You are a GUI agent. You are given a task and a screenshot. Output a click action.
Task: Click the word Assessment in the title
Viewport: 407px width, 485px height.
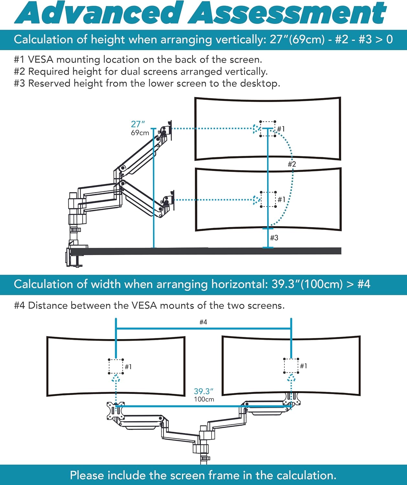coord(287,13)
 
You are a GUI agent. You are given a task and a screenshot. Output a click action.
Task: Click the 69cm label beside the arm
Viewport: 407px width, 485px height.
coord(140,133)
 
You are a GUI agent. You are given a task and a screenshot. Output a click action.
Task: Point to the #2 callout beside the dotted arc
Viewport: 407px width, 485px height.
coord(292,164)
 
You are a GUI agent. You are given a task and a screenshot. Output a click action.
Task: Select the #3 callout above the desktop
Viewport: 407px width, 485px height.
coord(274,238)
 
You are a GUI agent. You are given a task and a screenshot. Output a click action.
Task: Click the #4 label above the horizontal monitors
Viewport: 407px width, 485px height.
coord(203,322)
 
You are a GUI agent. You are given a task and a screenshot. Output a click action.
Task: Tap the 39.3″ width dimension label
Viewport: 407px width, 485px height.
coord(203,392)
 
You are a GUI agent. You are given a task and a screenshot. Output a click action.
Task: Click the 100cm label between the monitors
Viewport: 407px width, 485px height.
coord(204,399)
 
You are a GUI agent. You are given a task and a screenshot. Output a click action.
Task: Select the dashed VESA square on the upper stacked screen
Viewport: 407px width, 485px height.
coord(268,129)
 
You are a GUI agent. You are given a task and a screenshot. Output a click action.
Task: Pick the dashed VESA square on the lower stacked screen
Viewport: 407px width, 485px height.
coord(269,199)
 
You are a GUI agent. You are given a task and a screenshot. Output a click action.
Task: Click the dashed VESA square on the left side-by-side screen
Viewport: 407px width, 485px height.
coord(116,366)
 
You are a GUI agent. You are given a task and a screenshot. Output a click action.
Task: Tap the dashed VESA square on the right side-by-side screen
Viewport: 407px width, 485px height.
coord(291,366)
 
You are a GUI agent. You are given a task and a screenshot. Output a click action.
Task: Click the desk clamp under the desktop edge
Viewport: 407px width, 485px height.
coord(74,257)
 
